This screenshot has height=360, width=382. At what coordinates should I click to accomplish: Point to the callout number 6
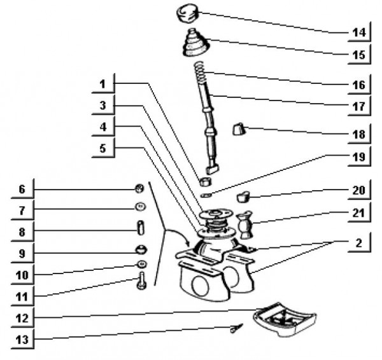click(22, 189)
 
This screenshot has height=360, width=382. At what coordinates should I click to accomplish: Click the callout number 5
click(102, 149)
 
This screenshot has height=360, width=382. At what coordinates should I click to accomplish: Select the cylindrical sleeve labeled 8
click(141, 227)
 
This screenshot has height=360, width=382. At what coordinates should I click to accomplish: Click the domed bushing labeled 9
click(140, 248)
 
